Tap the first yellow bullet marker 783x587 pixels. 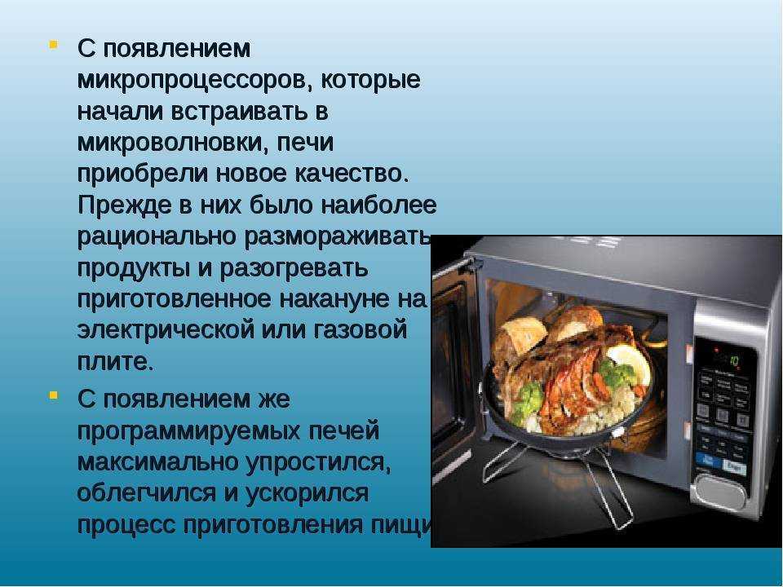[53, 42]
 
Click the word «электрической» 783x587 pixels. [160, 330]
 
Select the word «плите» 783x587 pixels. [114, 362]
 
